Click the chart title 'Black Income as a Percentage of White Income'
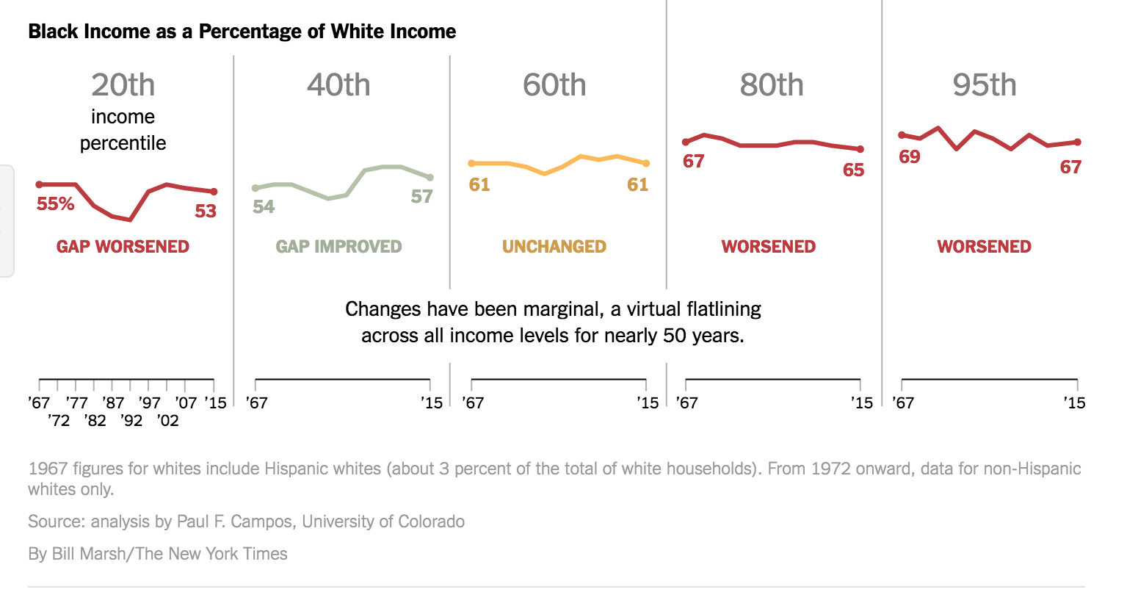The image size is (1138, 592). point(242,32)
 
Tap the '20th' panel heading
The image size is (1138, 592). point(123,85)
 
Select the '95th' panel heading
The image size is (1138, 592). point(984,85)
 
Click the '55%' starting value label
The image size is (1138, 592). point(56,204)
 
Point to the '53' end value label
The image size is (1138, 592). point(206,212)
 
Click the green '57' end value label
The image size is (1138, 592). point(421,197)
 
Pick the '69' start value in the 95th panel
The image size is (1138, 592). point(909,157)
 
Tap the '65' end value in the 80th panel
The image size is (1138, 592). point(853,170)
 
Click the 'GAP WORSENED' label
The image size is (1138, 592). point(123,247)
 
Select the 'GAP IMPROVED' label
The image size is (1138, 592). point(338,247)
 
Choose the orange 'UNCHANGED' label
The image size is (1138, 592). point(554,247)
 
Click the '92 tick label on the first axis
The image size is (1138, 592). point(131,421)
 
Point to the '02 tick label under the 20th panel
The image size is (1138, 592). point(167,421)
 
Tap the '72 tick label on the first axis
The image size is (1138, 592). point(58,421)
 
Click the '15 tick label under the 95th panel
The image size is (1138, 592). point(1074,403)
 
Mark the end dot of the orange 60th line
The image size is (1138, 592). point(646,163)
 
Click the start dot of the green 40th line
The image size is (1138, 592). point(255,188)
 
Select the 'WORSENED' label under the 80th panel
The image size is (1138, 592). point(768,247)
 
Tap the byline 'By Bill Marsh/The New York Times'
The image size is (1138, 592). point(158,554)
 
